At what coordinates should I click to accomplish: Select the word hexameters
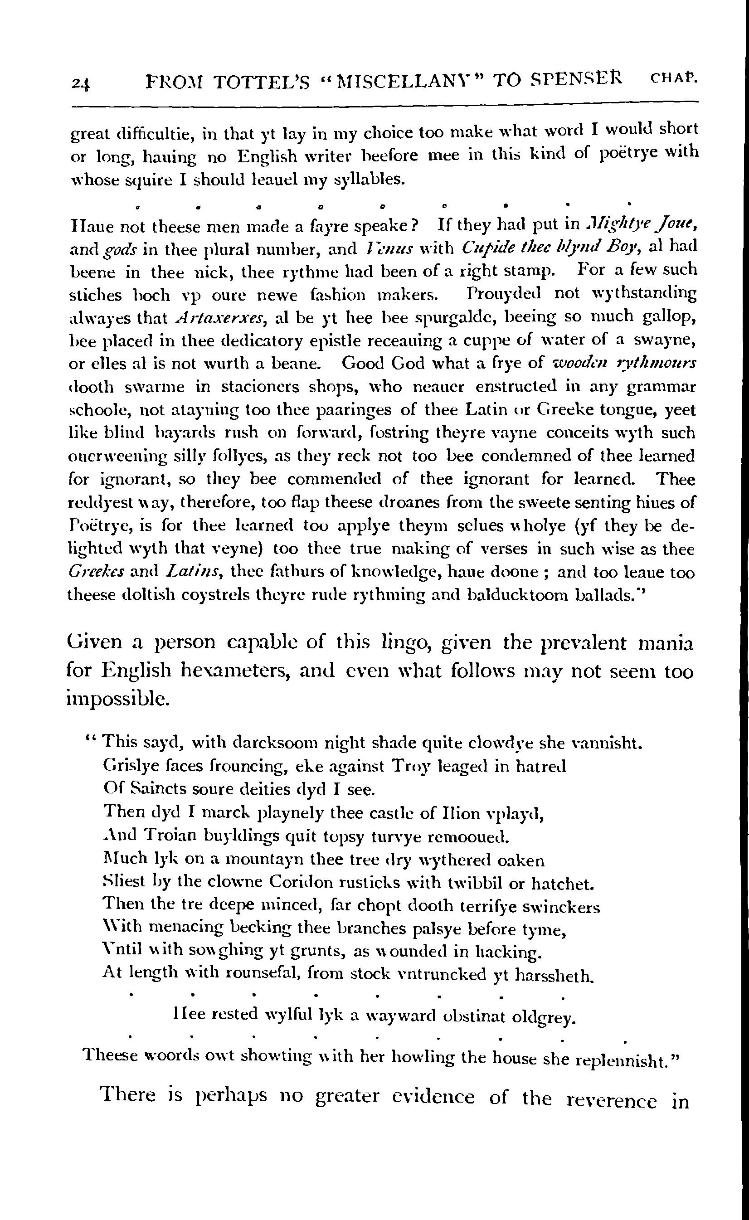coord(237,671)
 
